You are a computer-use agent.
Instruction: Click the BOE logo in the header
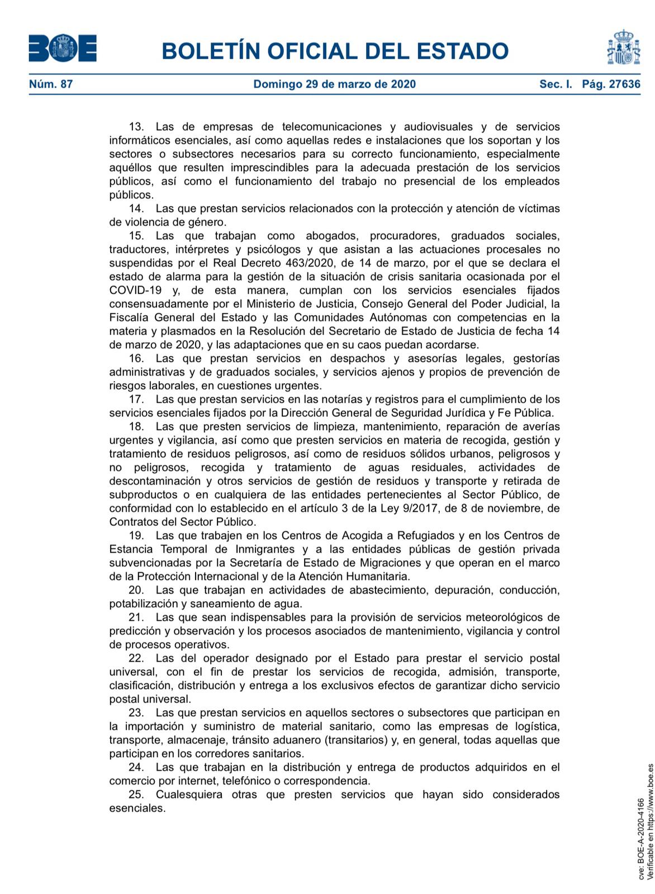[x=63, y=49]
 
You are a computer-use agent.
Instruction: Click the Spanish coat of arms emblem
[x=623, y=48]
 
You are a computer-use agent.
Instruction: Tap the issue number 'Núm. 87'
[x=51, y=84]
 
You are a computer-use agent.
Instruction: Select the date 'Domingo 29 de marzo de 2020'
[x=334, y=84]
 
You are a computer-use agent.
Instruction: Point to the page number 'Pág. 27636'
[x=611, y=84]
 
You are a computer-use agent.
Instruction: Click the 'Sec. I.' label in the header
[x=556, y=84]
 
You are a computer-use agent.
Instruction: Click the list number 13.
[x=136, y=127]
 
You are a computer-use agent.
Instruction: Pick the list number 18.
[x=136, y=427]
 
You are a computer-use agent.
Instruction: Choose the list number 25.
[x=136, y=795]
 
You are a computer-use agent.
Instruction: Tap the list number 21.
[x=136, y=617]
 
